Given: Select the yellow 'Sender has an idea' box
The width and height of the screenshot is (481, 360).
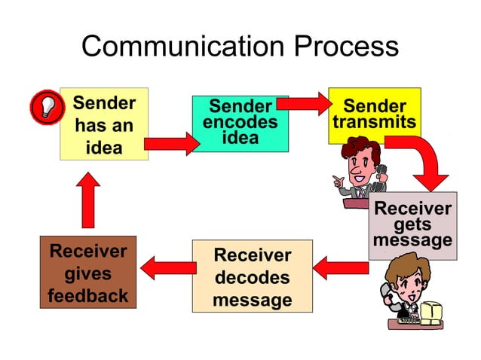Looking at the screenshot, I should coord(104,125).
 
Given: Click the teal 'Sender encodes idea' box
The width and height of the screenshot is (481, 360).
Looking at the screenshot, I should coord(240,124).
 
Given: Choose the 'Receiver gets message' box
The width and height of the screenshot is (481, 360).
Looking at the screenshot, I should coord(412,224).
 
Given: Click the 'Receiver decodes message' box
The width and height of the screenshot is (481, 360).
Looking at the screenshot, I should coord(252,277).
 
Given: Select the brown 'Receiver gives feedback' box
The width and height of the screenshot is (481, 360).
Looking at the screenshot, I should coord(88,273).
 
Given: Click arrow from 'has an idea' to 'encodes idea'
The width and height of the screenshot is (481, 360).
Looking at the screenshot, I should coord(170,143).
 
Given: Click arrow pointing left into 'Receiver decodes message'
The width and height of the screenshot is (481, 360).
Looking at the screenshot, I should coord(340,266).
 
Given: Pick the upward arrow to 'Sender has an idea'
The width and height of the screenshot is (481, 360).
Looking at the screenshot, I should coord(88,200).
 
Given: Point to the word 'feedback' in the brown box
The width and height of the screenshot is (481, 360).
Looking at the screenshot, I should coord(88,296).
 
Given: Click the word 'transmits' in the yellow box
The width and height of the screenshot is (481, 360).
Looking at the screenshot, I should coord(374,122).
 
